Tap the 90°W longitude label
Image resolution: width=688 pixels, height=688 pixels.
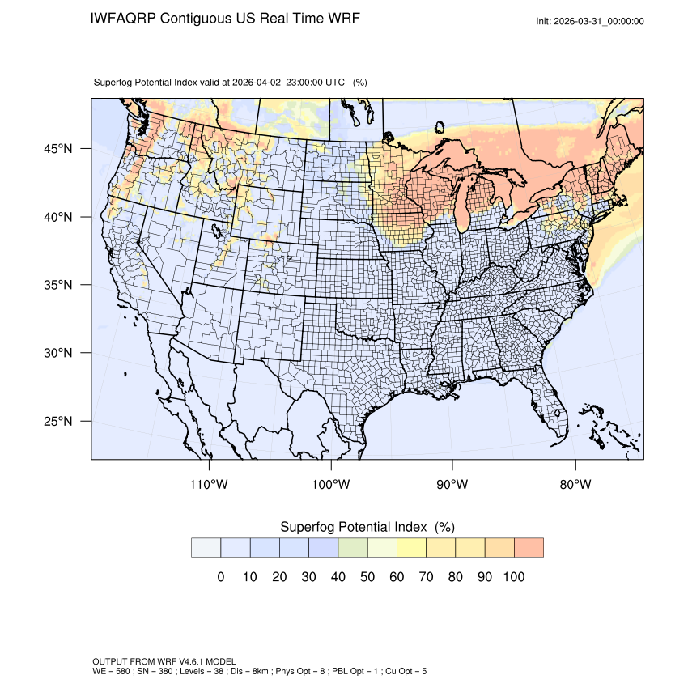[x=452, y=485]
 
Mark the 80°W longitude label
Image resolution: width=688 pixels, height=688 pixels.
[x=575, y=485]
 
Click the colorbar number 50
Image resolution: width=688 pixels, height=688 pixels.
[x=367, y=577]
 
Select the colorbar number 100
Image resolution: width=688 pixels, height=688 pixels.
[x=514, y=577]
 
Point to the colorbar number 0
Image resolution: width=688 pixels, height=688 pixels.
[x=220, y=577]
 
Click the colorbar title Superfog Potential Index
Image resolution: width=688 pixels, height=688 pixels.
[x=355, y=527]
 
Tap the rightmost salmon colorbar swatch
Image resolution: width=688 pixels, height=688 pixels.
[x=529, y=547]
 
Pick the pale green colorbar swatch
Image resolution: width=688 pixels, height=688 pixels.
[x=353, y=547]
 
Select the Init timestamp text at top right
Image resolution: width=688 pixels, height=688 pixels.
[x=590, y=21]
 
